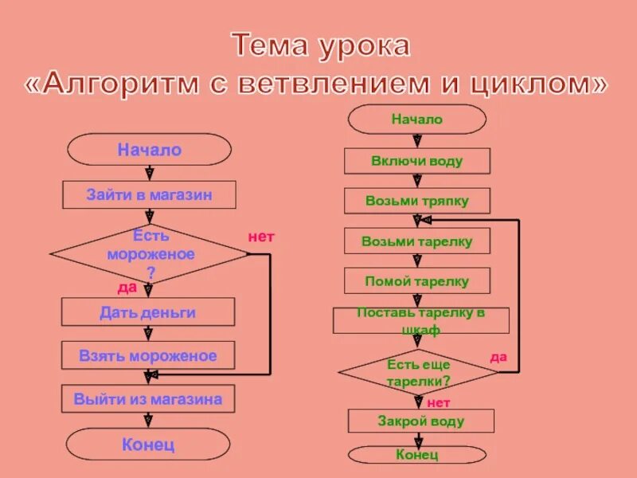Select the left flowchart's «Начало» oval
(x=149, y=150)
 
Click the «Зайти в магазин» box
(x=149, y=194)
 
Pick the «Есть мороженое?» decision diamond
(x=150, y=254)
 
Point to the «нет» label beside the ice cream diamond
(x=260, y=237)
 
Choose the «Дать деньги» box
(x=148, y=312)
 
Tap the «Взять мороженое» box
(x=148, y=355)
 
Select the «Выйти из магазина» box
(x=148, y=399)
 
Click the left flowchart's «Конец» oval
(x=148, y=445)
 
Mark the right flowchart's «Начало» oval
(x=416, y=119)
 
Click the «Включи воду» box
(x=416, y=161)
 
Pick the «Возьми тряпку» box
(x=416, y=201)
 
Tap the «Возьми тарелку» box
(x=416, y=241)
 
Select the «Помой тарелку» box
(x=416, y=281)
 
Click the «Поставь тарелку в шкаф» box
(x=420, y=320)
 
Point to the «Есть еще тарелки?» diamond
(x=418, y=372)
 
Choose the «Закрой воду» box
(x=420, y=421)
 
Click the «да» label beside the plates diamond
(x=498, y=357)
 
